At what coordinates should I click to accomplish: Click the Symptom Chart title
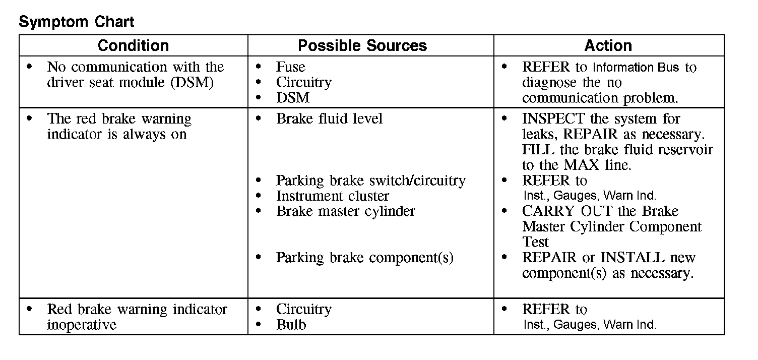pyautogui.click(x=77, y=22)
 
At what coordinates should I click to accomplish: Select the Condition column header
pyautogui.click(x=133, y=45)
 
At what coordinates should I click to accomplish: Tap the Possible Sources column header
pyautogui.click(x=362, y=45)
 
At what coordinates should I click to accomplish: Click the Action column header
pyautogui.click(x=608, y=45)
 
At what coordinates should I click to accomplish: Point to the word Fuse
pyautogui.click(x=290, y=67)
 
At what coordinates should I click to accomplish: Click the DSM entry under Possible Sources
pyautogui.click(x=293, y=98)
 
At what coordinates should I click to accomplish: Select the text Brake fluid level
pyautogui.click(x=329, y=119)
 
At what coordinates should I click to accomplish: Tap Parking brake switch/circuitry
pyautogui.click(x=370, y=181)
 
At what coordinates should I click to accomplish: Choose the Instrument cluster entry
pyautogui.click(x=333, y=196)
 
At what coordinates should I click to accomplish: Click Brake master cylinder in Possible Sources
pyautogui.click(x=345, y=211)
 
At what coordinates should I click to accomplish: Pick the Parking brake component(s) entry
pyautogui.click(x=364, y=258)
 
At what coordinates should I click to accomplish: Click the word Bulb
pyautogui.click(x=291, y=325)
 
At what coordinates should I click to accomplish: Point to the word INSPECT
pyautogui.click(x=553, y=119)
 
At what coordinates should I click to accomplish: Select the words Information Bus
pyautogui.click(x=636, y=68)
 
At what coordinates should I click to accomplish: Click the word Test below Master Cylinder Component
pyautogui.click(x=535, y=242)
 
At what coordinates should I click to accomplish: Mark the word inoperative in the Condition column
pyautogui.click(x=82, y=325)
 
